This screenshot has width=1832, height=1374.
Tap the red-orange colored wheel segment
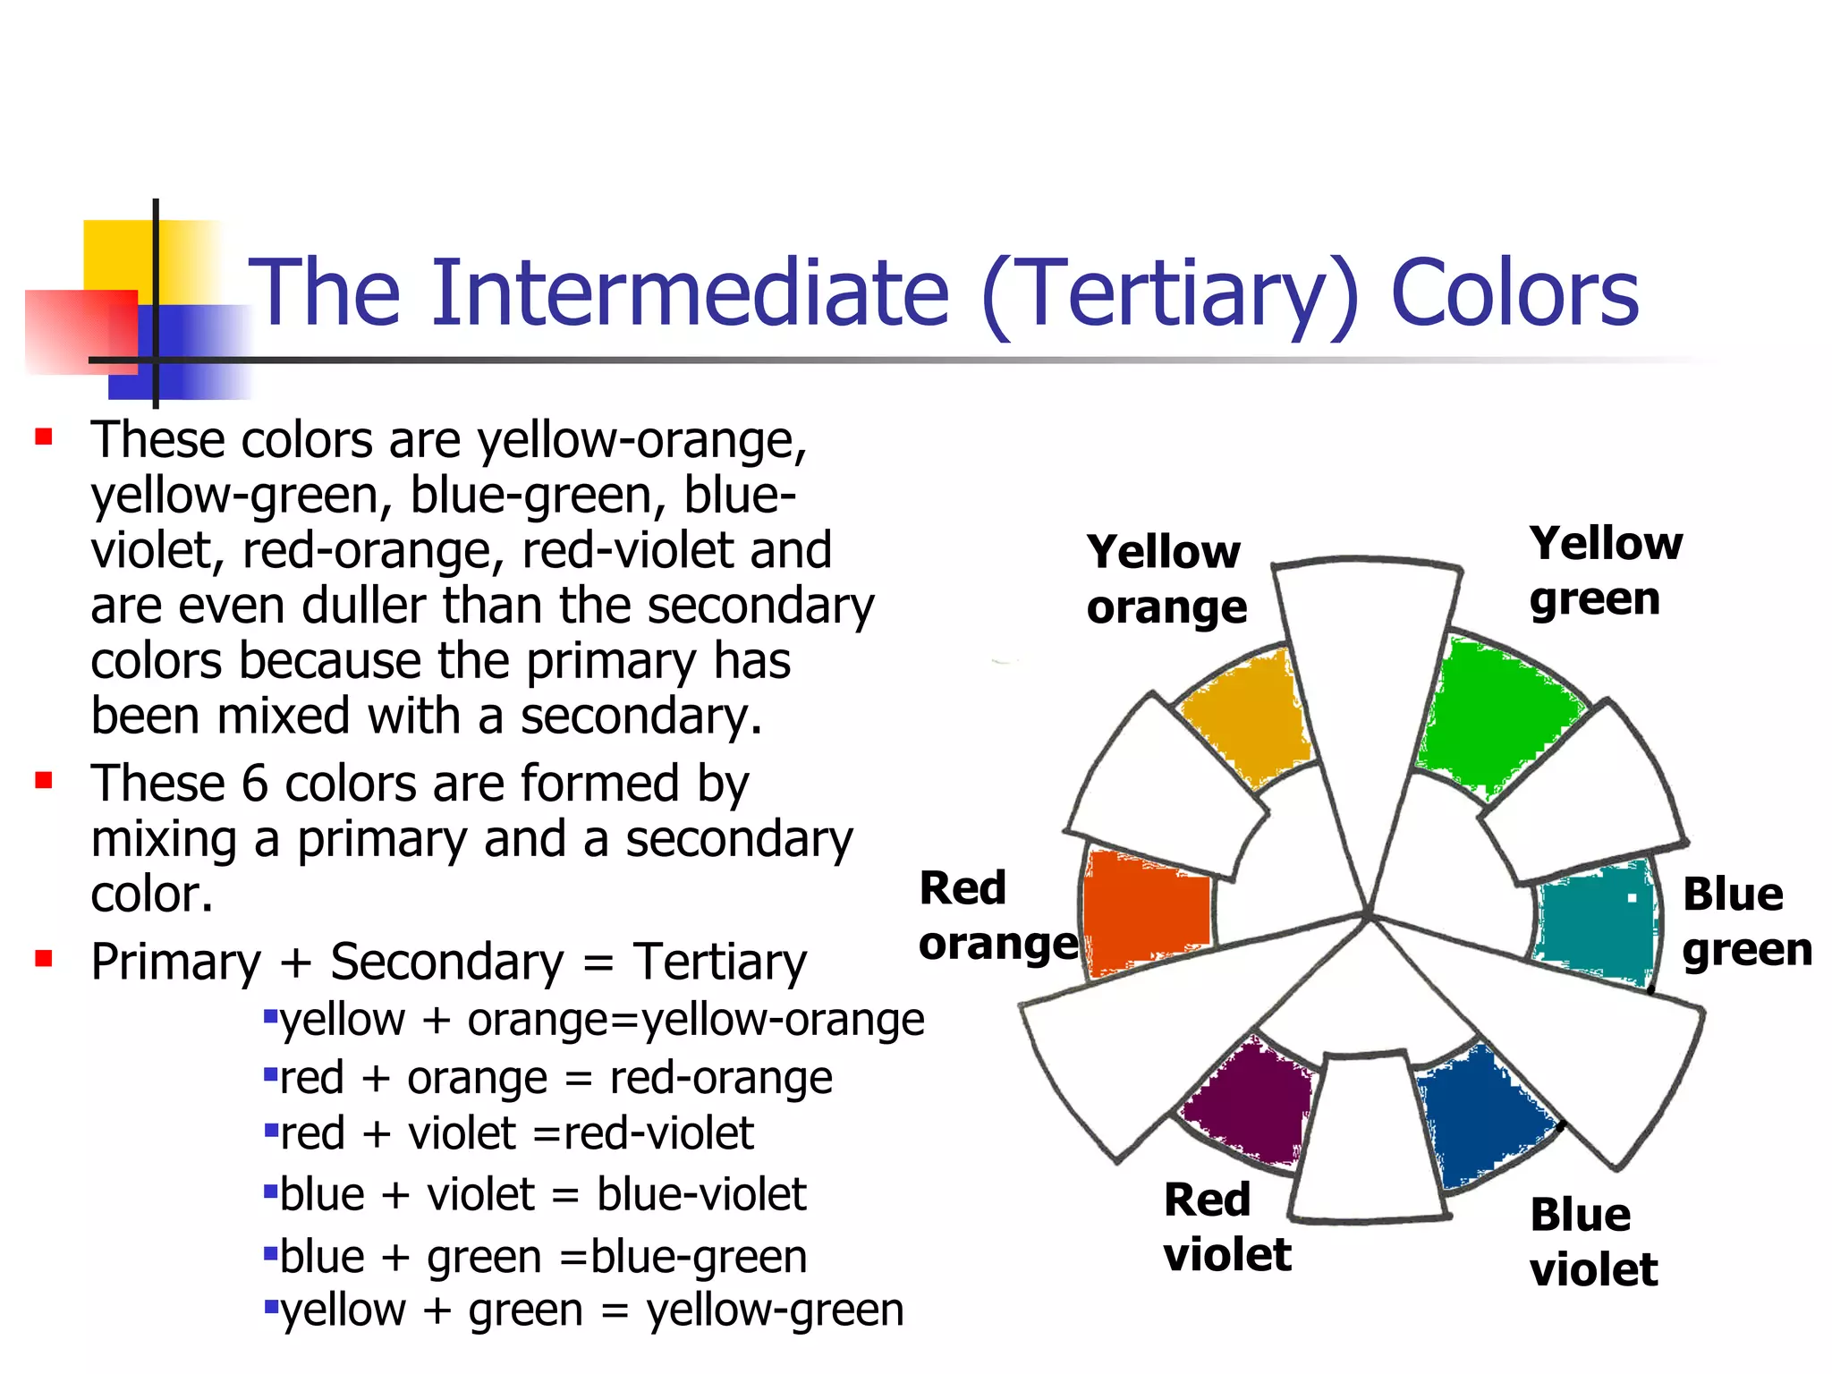[x=1145, y=912]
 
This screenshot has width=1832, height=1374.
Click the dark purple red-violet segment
[x=1248, y=1105]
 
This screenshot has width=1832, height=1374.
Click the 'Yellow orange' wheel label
[x=1166, y=579]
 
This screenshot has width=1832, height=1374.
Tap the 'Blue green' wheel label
[x=1744, y=921]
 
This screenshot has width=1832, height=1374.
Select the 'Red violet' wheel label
[x=1226, y=1226]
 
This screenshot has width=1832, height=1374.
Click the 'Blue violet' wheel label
[x=1592, y=1242]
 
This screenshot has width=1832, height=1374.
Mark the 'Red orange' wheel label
[x=997, y=916]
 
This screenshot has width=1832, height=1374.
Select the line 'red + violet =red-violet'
[x=516, y=1133]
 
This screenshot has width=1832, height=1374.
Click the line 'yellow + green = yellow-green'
[x=590, y=1310]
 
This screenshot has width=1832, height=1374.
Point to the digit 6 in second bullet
[x=254, y=784]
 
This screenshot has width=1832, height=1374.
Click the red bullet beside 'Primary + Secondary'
[x=43, y=959]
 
